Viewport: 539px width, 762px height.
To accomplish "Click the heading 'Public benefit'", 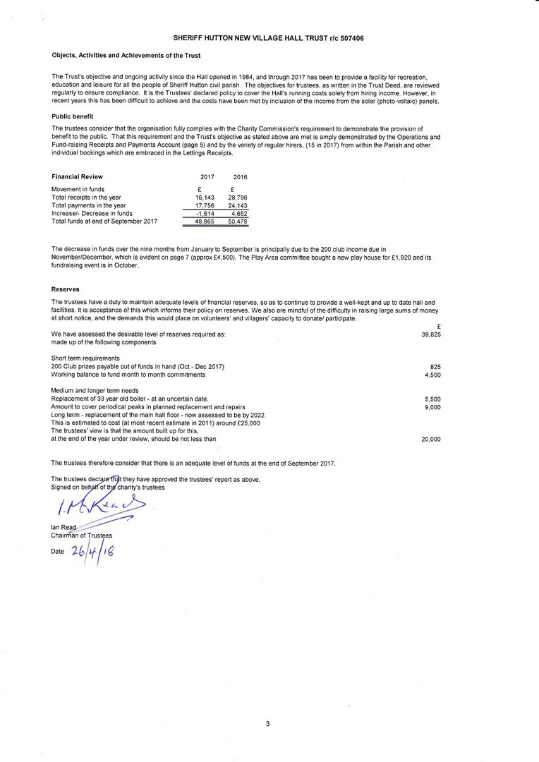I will [73, 116].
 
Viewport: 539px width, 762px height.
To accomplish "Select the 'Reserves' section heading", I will [66, 289].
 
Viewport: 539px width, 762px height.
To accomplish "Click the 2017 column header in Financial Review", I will [207, 176].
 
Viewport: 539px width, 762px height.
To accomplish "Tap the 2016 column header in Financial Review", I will [240, 176].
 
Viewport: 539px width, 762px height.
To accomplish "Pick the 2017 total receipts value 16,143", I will [204, 198].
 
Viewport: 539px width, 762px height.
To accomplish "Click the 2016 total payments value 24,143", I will [238, 205].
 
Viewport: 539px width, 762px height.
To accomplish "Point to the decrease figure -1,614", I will [204, 213].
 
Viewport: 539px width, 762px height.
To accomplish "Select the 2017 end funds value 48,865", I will [204, 221].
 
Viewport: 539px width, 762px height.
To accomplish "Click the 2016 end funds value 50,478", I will [238, 221].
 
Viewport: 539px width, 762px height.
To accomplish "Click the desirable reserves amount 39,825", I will [430, 334].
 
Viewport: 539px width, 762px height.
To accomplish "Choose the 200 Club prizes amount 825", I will [435, 367].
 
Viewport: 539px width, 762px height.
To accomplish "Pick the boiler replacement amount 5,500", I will [432, 399].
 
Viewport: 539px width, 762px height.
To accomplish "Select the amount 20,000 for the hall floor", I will [430, 439].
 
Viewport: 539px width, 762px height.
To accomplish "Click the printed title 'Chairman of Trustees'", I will [82, 536].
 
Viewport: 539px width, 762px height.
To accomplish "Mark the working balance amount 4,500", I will [432, 375].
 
